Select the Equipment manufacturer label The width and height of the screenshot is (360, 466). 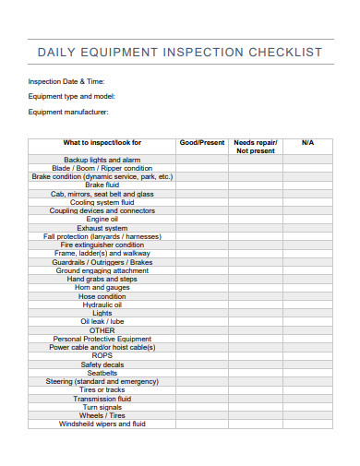click(x=68, y=112)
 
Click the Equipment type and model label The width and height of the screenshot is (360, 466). click(x=71, y=96)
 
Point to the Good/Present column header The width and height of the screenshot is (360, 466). click(x=201, y=143)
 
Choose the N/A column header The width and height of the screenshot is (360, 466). click(x=307, y=143)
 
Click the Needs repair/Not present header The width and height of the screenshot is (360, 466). click(x=256, y=147)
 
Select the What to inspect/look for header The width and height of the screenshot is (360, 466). click(x=102, y=143)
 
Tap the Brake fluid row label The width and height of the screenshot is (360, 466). click(x=102, y=185)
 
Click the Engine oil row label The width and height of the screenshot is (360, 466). click(x=102, y=219)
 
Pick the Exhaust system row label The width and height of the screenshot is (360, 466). click(x=102, y=228)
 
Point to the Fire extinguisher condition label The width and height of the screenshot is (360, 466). click(x=102, y=245)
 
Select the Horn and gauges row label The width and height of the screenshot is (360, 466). click(x=102, y=287)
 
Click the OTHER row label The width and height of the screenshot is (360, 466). click(x=102, y=329)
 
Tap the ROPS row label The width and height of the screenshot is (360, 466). click(x=102, y=355)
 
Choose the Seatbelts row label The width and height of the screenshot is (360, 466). click(x=102, y=372)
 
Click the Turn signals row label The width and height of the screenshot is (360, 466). click(x=102, y=406)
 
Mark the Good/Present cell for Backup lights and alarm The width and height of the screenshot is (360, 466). click(x=201, y=160)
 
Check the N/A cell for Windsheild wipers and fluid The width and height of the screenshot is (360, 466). click(x=307, y=424)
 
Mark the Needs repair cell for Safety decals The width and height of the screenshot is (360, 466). click(x=256, y=364)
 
